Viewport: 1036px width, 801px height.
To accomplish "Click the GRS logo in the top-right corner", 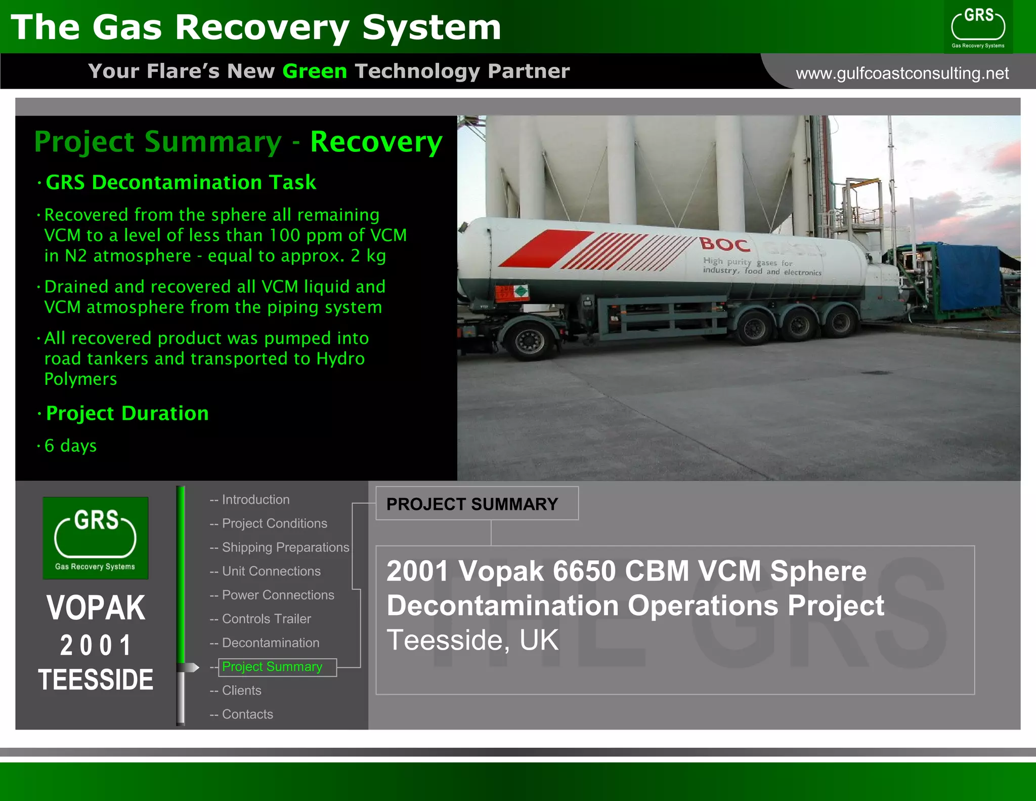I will click(978, 27).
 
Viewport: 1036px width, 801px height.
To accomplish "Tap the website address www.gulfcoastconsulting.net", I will click(902, 73).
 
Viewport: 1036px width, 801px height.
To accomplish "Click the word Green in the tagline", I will click(315, 71).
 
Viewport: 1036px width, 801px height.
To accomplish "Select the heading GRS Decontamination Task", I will click(181, 182).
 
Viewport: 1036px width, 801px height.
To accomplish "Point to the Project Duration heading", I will click(127, 414).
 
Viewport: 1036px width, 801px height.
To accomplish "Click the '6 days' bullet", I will click(70, 446).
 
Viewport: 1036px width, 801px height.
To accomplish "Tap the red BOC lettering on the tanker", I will click(725, 245).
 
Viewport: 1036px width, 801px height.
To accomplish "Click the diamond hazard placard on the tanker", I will click(520, 291).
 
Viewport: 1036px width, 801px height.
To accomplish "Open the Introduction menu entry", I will click(255, 500).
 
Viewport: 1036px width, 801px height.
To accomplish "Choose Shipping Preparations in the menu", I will click(285, 547).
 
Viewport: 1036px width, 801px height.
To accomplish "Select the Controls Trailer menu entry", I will click(266, 619).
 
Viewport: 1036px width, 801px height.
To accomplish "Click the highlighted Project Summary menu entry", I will click(272, 667).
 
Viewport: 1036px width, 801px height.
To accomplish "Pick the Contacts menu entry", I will click(247, 714).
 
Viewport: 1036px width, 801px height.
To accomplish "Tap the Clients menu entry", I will click(241, 691).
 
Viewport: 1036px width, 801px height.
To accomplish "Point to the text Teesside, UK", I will click(472, 640).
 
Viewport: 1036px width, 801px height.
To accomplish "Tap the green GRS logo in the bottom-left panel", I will click(96, 538).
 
